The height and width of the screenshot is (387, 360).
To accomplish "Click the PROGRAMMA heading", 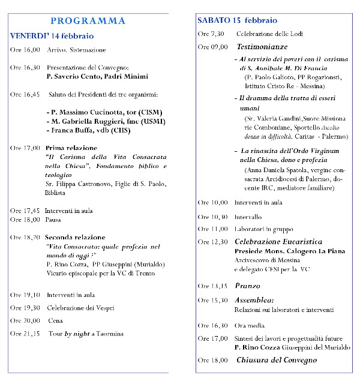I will pyautogui.click(x=88, y=21).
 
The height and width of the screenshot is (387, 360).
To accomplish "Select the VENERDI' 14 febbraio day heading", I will pyautogui.click(x=52, y=36).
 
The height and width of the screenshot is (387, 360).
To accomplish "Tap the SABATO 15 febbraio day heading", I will pyautogui.click(x=238, y=20).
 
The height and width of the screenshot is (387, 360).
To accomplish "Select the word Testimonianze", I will pyautogui.click(x=262, y=46).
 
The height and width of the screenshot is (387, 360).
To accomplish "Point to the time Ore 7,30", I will pyautogui.click(x=211, y=34).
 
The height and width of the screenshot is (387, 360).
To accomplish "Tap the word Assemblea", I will pyautogui.click(x=254, y=299).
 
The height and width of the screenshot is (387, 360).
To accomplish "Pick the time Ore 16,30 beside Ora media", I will pyautogui.click(x=212, y=325).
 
